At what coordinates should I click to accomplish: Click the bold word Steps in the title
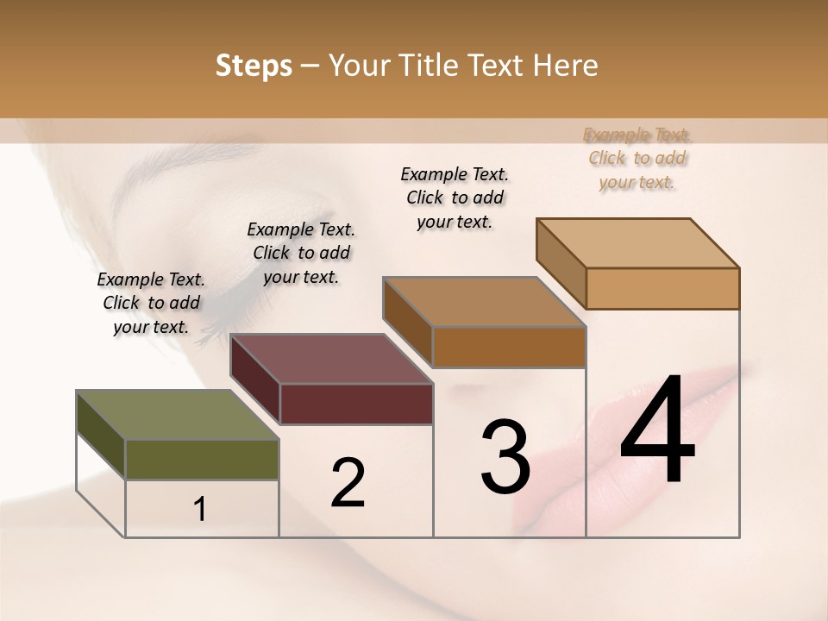pos(254,66)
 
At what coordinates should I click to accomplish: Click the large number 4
pos(657,432)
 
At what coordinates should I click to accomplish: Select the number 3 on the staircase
pos(505,457)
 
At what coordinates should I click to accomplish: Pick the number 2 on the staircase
pos(348,483)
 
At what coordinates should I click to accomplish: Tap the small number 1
pos(200,510)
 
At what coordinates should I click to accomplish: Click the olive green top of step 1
pos(177,416)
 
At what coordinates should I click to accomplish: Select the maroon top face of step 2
pos(331,359)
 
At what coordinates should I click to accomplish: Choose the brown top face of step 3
pos(484,302)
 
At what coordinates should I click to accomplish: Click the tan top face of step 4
pos(638,243)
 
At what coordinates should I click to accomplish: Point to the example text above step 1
pos(151,303)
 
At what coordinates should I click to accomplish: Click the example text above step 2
pos(301,253)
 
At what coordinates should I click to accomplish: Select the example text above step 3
pos(455,198)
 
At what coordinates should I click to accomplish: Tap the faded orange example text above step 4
pos(637,158)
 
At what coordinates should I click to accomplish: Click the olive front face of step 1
pos(202,460)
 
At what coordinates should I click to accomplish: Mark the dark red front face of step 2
pos(355,404)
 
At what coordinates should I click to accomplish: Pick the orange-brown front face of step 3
pos(509,347)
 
